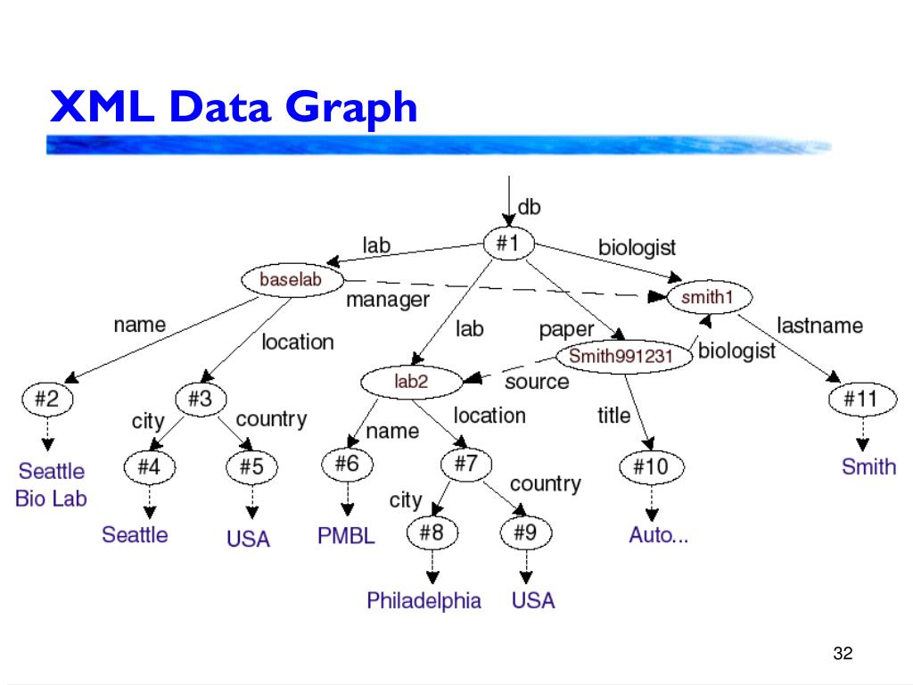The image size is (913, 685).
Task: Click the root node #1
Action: (508, 243)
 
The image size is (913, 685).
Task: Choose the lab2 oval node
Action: (411, 382)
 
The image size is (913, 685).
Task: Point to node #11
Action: (860, 400)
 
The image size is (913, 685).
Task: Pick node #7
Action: (466, 464)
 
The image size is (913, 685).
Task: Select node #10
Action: (651, 466)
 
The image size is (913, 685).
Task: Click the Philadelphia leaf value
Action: (424, 600)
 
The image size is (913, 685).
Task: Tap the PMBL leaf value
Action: (346, 536)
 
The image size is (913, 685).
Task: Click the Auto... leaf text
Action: (658, 535)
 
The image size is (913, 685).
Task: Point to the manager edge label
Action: (387, 300)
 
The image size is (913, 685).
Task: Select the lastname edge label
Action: (819, 326)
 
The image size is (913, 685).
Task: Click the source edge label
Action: (536, 382)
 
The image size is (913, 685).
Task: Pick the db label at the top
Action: (530, 208)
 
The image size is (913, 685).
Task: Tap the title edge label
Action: (613, 415)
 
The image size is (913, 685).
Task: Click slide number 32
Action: (843, 653)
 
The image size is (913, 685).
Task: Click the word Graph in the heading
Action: (352, 109)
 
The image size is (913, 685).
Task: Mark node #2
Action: (46, 400)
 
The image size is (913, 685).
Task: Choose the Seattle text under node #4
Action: (135, 534)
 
